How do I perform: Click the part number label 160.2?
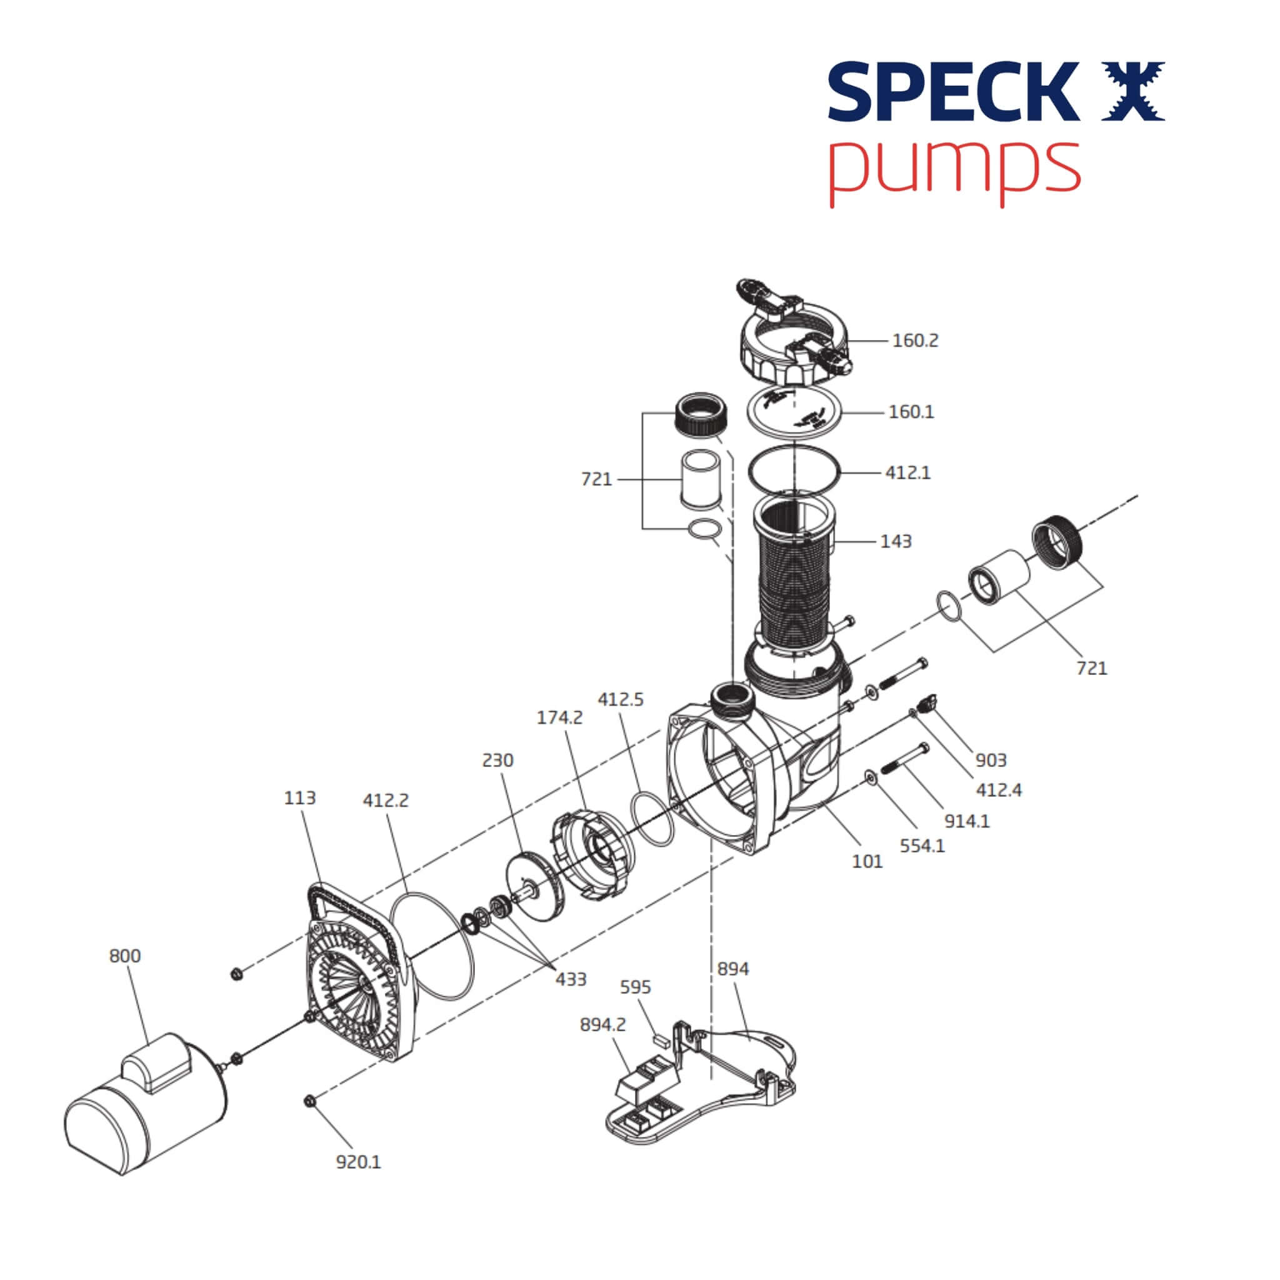(x=915, y=341)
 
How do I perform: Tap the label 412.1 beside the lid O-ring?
(x=907, y=473)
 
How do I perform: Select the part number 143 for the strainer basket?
(x=896, y=541)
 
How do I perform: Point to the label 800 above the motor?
(x=124, y=956)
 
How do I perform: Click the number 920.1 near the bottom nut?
(x=358, y=1162)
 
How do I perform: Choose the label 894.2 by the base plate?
(x=602, y=1025)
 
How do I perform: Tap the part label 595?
(x=636, y=987)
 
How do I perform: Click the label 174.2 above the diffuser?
(x=560, y=717)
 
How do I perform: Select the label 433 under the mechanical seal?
(x=571, y=979)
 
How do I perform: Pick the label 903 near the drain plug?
(x=991, y=760)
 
